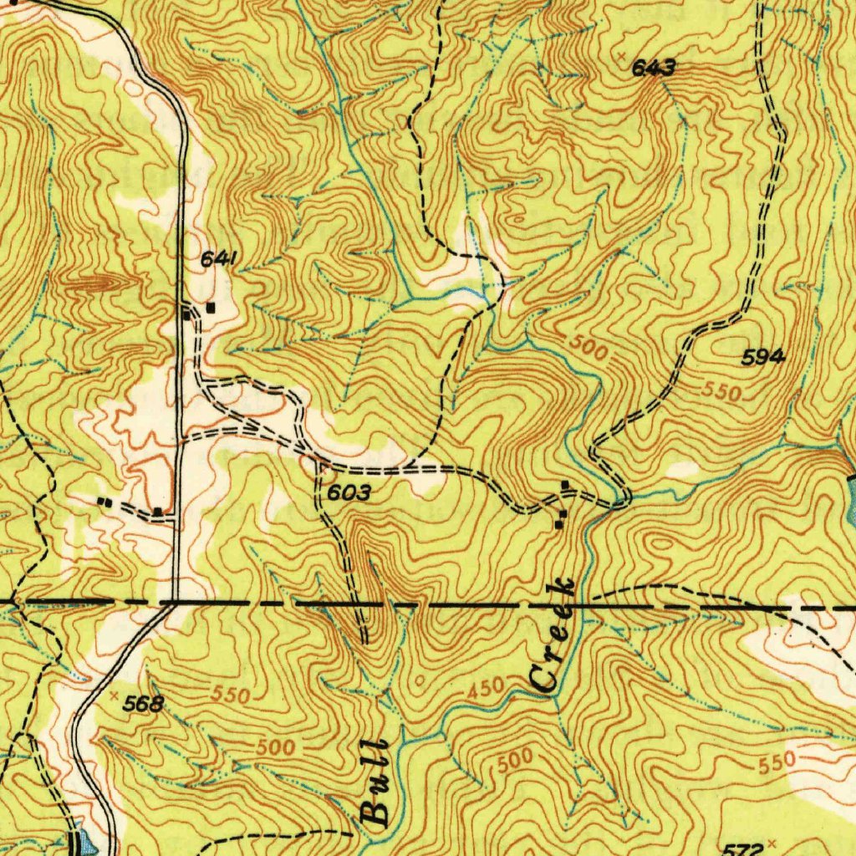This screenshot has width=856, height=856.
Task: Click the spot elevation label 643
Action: click(x=654, y=69)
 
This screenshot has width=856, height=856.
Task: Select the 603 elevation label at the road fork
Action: click(x=349, y=494)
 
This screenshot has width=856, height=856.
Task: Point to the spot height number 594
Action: click(x=763, y=358)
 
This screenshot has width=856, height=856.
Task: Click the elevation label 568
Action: click(x=142, y=705)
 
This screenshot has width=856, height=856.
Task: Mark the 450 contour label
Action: click(x=486, y=690)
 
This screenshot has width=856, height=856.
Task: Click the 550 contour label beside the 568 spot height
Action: click(x=231, y=695)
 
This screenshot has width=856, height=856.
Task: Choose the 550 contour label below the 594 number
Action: click(x=722, y=392)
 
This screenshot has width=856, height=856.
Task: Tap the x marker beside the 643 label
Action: click(x=622, y=54)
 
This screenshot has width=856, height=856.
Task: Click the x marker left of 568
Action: click(x=113, y=694)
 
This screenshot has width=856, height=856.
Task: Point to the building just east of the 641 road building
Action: click(x=211, y=307)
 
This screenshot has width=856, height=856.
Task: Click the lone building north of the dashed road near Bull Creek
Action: click(x=566, y=485)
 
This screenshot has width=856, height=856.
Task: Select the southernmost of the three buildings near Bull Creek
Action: click(x=558, y=525)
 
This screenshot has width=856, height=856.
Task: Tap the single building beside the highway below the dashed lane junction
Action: click(x=157, y=511)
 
